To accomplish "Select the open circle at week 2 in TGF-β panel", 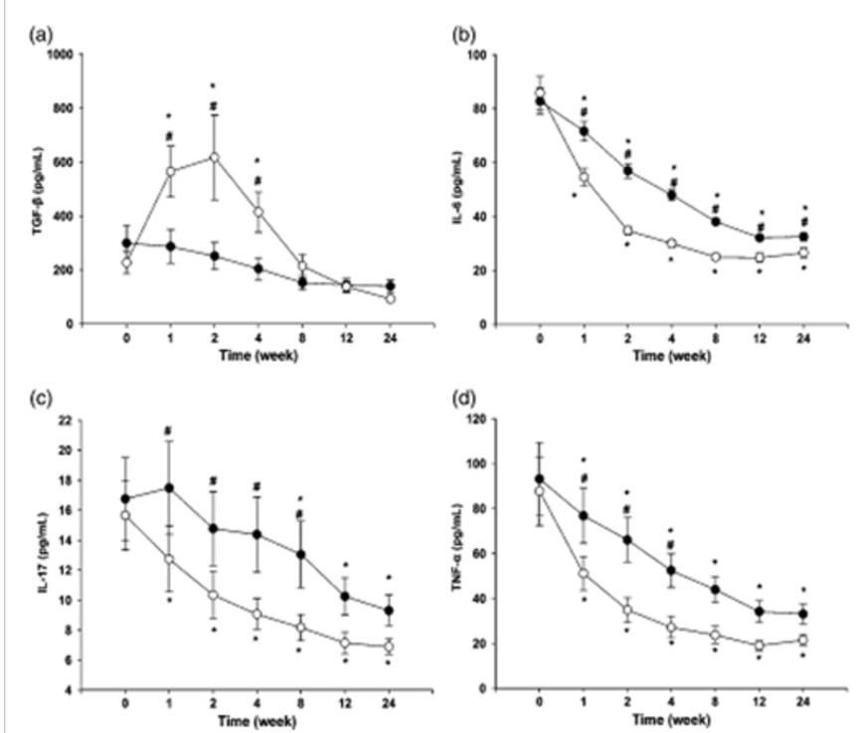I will pos(213,157).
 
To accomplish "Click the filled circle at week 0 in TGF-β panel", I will pos(126,243).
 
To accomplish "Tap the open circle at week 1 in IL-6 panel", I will pos(584,178).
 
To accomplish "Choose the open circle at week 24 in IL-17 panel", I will pos(388,646).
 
